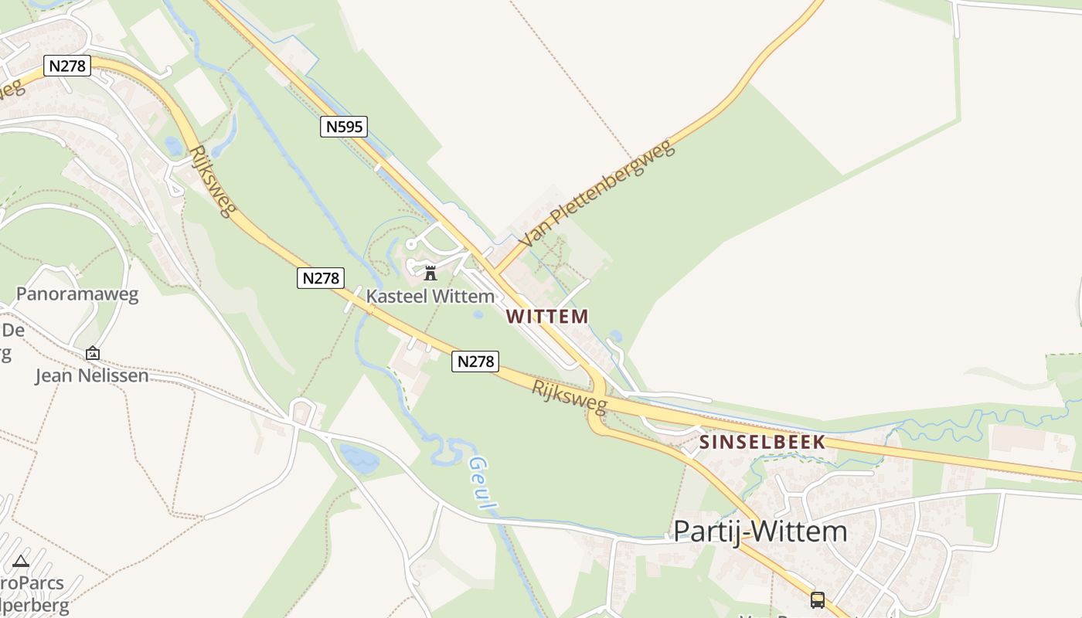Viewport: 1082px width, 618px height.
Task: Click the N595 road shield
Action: (344, 127)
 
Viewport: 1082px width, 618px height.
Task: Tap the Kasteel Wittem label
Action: (430, 296)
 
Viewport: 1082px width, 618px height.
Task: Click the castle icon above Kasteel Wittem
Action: (430, 273)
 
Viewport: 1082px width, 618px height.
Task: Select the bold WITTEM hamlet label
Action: (547, 316)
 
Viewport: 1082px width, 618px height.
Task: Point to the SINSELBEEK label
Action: (763, 443)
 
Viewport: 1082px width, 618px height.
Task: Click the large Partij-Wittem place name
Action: (760, 531)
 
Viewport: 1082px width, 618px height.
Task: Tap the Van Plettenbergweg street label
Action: (597, 193)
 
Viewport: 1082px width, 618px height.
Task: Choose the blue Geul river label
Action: (483, 484)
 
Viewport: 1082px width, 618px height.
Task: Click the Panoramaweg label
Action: (77, 294)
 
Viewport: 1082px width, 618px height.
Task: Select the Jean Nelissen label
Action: (92, 376)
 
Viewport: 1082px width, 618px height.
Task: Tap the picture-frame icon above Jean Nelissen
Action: (93, 353)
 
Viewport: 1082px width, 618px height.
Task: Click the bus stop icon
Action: (818, 599)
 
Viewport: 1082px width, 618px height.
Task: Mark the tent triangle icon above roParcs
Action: (21, 561)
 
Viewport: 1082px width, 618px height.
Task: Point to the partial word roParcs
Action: (32, 582)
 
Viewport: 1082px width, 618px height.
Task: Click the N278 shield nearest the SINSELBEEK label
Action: (475, 361)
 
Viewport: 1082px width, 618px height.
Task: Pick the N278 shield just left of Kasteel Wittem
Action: (320, 278)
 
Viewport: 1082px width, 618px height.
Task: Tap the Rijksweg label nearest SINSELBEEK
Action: (570, 396)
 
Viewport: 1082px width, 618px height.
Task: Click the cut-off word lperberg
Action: (35, 606)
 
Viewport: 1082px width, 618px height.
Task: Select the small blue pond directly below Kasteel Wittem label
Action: (478, 314)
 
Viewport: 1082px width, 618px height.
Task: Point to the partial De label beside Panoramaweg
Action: (13, 331)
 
